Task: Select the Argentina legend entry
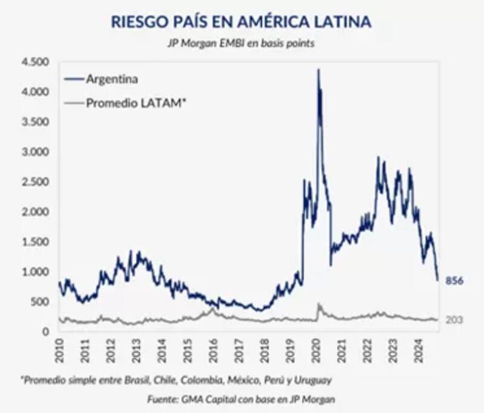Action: (x=113, y=79)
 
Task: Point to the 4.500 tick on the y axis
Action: (x=34, y=62)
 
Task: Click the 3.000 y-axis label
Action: (x=34, y=152)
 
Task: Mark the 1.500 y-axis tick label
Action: (x=34, y=242)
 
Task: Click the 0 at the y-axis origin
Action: (x=45, y=332)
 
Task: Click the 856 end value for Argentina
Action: (x=454, y=281)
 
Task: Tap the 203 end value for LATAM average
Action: (x=454, y=320)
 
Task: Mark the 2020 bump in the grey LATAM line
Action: (x=319, y=306)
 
